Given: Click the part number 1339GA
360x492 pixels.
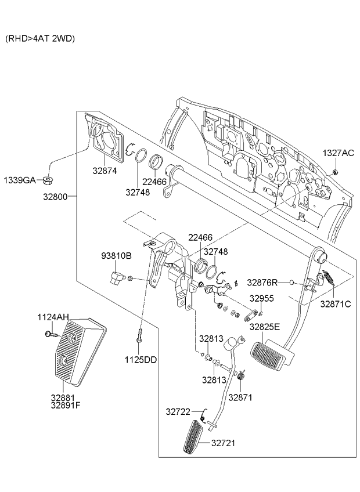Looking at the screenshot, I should point(20,180).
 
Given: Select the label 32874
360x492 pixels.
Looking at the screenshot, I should point(105,171).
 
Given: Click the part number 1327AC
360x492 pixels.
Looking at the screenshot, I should point(337,153).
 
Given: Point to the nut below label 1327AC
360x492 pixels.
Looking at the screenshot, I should point(336,172).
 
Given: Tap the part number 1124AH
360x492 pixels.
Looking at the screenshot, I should point(53,317).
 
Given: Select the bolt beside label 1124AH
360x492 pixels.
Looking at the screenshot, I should point(49,334).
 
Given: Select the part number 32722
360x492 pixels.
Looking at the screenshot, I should point(178,411).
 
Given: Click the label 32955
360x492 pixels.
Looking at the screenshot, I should point(261,298).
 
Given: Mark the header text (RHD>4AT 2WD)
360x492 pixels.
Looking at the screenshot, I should point(40,38).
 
